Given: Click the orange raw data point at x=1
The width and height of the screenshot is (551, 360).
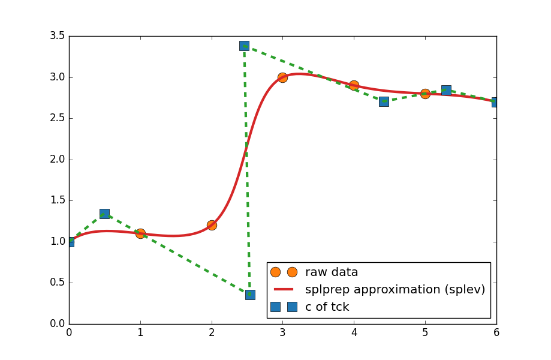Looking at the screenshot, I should pyautogui.click(x=140, y=233).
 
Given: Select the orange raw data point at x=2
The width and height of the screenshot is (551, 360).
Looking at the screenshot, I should pyautogui.click(x=212, y=225).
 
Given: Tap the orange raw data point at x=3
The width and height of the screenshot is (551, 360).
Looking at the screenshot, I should pyautogui.click(x=282, y=77).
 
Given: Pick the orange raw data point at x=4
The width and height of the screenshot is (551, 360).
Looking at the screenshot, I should pyautogui.click(x=354, y=85).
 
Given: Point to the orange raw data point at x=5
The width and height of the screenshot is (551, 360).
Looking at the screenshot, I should pyautogui.click(x=425, y=94).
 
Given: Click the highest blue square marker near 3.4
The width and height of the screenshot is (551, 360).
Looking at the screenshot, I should pyautogui.click(x=244, y=46).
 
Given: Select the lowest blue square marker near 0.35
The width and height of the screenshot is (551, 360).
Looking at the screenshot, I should pyautogui.click(x=250, y=295).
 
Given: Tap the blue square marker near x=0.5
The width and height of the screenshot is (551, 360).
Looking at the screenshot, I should pyautogui.click(x=104, y=214).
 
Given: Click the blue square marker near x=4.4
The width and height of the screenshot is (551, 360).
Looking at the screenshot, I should pyautogui.click(x=384, y=101).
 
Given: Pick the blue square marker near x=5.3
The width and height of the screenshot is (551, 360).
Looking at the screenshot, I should pyautogui.click(x=446, y=90).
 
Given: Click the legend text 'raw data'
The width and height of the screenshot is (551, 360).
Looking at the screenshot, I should pyautogui.click(x=332, y=272).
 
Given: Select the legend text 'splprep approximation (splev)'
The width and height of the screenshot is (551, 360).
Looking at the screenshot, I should pyautogui.click(x=395, y=290).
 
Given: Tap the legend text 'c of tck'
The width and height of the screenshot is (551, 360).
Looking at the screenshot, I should pyautogui.click(x=327, y=307).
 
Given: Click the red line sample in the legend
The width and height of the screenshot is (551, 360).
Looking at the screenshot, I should pyautogui.click(x=284, y=290).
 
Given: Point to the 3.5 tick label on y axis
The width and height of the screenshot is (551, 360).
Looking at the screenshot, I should pyautogui.click(x=58, y=36).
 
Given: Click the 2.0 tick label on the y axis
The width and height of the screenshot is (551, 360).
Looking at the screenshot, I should pyautogui.click(x=58, y=160).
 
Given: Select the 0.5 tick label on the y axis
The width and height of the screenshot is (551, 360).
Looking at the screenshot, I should pyautogui.click(x=58, y=283).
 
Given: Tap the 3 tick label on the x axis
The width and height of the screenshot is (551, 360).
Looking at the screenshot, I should pyautogui.click(x=282, y=332).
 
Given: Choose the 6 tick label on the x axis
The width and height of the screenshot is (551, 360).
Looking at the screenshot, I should pyautogui.click(x=496, y=332).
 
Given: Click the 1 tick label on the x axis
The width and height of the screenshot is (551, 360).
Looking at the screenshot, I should pyautogui.click(x=140, y=332).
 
